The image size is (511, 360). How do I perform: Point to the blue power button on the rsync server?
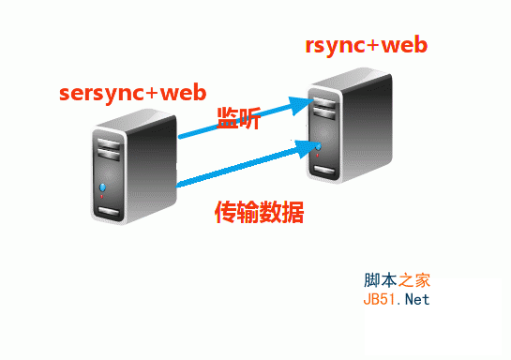[x=321, y=147]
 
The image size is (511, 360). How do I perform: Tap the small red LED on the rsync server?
[x=321, y=157]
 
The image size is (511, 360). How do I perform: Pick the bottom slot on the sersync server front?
[x=109, y=214]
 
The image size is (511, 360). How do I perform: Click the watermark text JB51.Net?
[x=396, y=300]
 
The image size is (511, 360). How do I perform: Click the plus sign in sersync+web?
[x=156, y=94]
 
